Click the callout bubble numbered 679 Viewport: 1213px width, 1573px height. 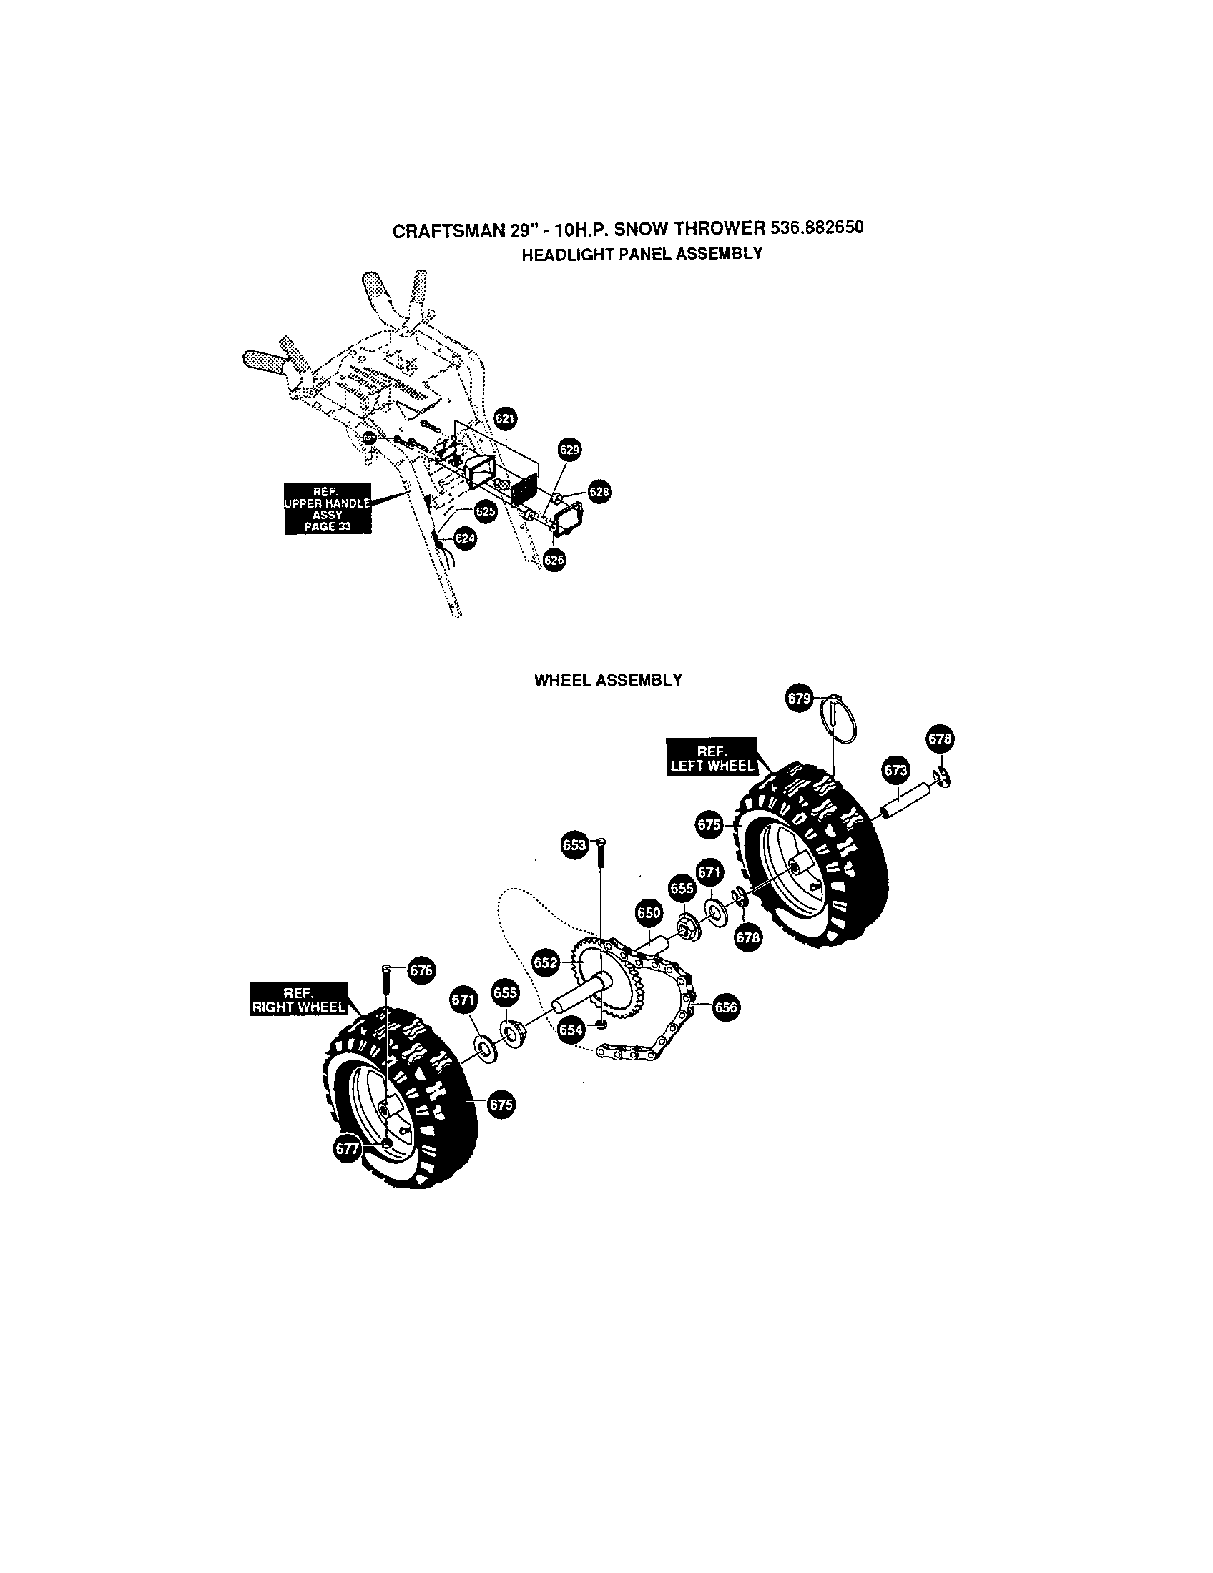[799, 699]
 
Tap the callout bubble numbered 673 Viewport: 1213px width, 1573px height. [895, 771]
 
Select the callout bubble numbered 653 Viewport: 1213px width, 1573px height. [575, 845]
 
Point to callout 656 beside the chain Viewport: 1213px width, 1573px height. [725, 1007]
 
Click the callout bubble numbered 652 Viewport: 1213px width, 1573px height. [545, 963]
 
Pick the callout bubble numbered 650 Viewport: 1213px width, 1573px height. [648, 913]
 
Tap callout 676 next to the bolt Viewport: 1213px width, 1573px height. [421, 970]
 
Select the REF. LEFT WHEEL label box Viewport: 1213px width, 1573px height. [712, 757]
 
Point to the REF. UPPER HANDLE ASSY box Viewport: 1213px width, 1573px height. [328, 508]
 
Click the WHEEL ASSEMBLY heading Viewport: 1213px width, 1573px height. [607, 680]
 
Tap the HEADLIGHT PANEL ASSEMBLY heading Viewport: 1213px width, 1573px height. [641, 254]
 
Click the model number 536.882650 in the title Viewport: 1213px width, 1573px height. [816, 227]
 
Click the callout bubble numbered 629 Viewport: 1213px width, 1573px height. [569, 450]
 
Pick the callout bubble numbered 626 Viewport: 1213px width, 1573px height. [554, 561]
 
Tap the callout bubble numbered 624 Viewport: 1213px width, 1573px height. [465, 538]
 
